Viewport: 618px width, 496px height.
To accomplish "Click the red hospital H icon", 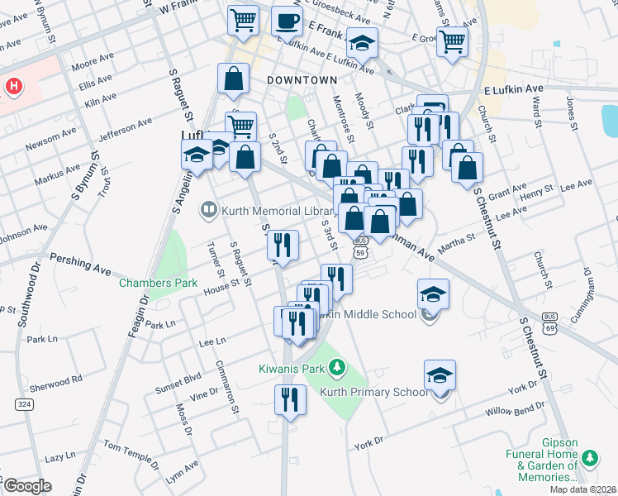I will coord(14,86).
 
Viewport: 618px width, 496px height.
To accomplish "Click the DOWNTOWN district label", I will coord(302,80).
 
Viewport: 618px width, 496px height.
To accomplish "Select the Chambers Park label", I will coord(159,283).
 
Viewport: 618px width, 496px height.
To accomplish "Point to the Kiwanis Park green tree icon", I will coord(336,366).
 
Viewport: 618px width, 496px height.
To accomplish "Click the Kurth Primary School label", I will coord(368,392).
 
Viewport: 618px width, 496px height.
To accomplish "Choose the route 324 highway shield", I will coord(22,403).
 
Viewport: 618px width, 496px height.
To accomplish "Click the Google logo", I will coord(27,485).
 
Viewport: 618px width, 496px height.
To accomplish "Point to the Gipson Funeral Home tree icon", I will coord(590,457).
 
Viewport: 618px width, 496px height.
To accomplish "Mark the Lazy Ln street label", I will coord(59,457).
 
